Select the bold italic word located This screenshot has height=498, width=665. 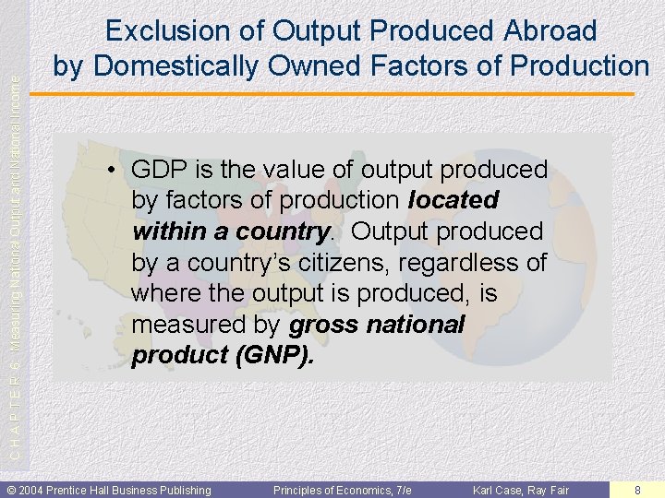(x=453, y=200)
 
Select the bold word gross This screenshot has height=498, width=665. (x=326, y=325)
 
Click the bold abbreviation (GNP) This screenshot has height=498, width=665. (x=275, y=356)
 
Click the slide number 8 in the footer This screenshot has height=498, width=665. (x=637, y=490)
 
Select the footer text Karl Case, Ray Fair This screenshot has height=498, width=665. (x=521, y=490)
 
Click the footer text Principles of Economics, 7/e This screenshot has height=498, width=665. (x=342, y=490)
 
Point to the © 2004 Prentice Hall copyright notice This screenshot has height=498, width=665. (x=109, y=490)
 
